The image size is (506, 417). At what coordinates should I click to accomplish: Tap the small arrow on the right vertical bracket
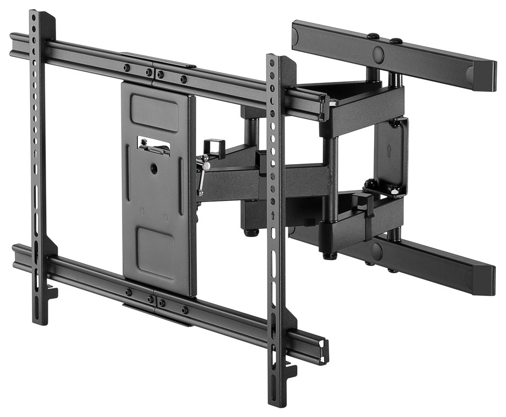(273, 215)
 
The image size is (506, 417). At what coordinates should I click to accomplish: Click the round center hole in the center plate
(154, 169)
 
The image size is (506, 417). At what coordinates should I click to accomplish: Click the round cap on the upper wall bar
(379, 54)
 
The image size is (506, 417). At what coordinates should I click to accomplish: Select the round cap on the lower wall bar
(376, 251)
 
